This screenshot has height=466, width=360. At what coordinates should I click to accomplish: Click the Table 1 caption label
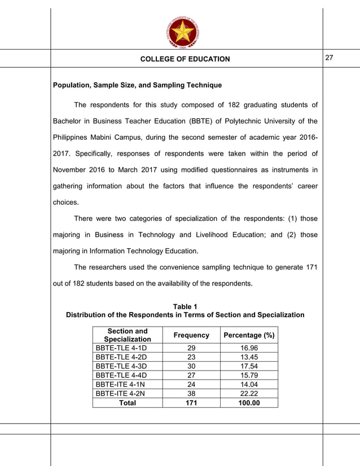[185, 306]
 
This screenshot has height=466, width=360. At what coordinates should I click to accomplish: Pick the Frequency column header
[191, 335]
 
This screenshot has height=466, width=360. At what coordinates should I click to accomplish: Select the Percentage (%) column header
[249, 335]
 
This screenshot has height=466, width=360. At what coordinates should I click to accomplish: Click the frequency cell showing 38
[191, 394]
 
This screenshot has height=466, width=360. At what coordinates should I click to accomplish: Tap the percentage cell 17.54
[249, 367]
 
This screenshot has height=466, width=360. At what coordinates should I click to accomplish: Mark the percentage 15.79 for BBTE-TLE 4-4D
[249, 376]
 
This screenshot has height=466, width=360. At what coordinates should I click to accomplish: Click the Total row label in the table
[128, 403]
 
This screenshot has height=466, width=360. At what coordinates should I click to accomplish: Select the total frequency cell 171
[191, 403]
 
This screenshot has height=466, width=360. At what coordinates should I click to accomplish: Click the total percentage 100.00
[249, 403]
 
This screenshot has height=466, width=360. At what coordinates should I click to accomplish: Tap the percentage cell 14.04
[249, 385]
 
